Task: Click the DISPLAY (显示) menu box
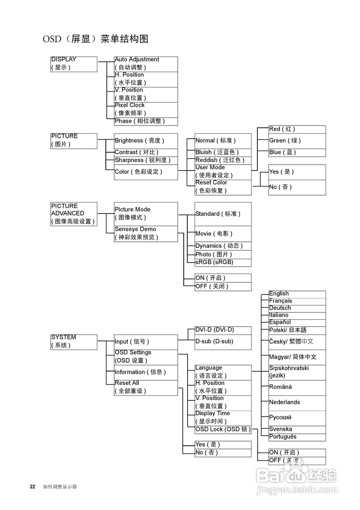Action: pos(74,64)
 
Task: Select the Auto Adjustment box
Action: pos(146,64)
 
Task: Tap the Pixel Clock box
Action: pos(146,110)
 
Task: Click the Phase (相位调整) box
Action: pos(146,122)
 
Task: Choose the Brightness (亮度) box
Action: pos(146,141)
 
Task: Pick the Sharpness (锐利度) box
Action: pos(146,161)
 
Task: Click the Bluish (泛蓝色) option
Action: pos(223,153)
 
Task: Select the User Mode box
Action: pos(223,172)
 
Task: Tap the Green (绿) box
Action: pos(297,141)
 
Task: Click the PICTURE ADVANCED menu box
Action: pos(74,214)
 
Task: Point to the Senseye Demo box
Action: pos(146,234)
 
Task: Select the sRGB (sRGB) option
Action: pos(223,263)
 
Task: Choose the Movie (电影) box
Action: pos(223,234)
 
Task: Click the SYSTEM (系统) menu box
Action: pos(74,342)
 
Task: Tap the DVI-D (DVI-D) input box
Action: pos(223,330)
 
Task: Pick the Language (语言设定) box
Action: pos(223,373)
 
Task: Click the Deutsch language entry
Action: pos(297,308)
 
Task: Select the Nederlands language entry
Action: pos(297,403)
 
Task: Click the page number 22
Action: pos(33,486)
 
